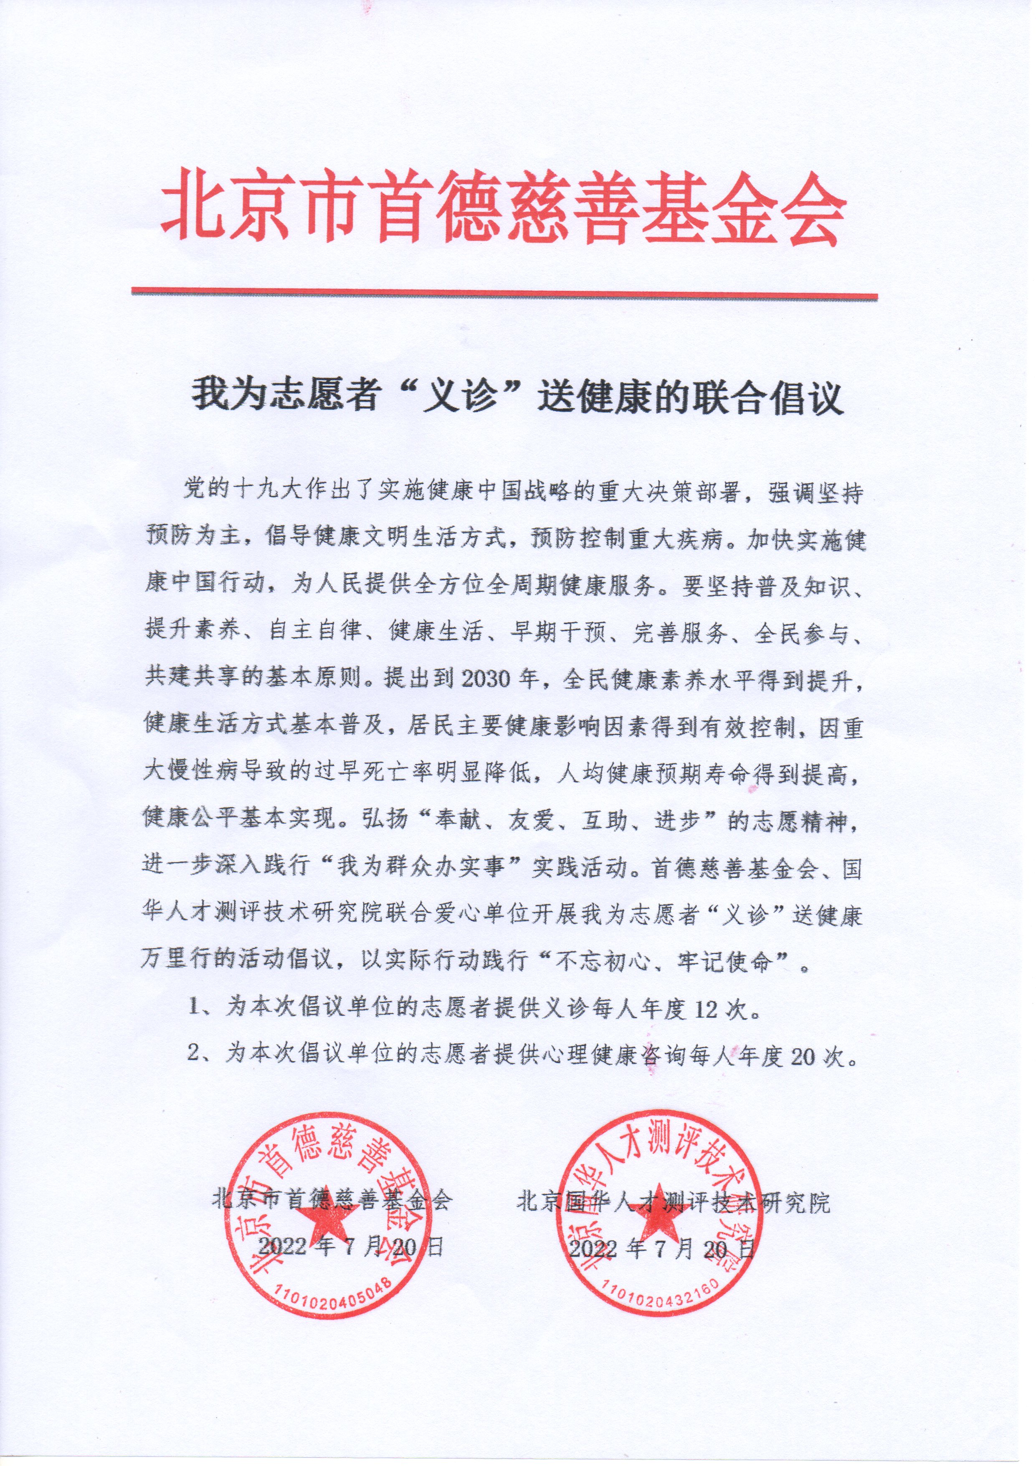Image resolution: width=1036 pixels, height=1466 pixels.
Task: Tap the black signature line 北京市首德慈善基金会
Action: pos(332,1200)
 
